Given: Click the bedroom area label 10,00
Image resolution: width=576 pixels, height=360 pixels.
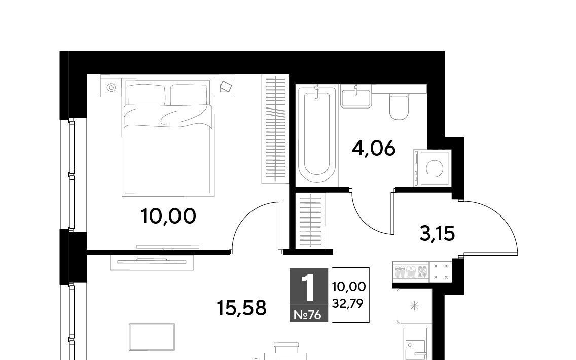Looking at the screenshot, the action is point(168,216).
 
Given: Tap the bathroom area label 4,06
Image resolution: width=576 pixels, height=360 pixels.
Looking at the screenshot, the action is point(373,149).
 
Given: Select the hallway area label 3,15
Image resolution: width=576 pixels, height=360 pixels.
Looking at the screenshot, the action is point(437,234).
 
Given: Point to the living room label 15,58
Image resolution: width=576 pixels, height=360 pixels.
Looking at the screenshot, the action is point(241,308).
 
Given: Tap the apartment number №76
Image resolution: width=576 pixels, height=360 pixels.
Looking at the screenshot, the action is point(308,315).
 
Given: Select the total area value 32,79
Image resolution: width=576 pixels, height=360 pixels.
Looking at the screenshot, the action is point(348,303).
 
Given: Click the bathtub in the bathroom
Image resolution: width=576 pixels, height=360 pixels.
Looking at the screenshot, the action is point(317,134).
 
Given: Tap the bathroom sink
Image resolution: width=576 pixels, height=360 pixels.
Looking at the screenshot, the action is point(355,97).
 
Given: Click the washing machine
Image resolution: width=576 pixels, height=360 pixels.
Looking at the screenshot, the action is point(432,168).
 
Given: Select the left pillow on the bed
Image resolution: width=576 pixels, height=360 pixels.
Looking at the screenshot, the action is point(146,94).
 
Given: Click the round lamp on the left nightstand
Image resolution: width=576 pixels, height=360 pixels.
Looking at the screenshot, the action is point(112,87).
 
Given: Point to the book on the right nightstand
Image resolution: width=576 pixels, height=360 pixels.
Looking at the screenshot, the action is point(226,87).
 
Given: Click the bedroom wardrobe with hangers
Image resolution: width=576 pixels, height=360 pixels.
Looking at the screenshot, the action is point(275,129).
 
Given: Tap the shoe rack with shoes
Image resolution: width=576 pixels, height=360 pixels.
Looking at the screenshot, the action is point(411,272).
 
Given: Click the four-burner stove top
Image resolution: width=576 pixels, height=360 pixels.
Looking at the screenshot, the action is point(441,272).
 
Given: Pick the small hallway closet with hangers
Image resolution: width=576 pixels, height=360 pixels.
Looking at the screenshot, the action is point(311,221).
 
